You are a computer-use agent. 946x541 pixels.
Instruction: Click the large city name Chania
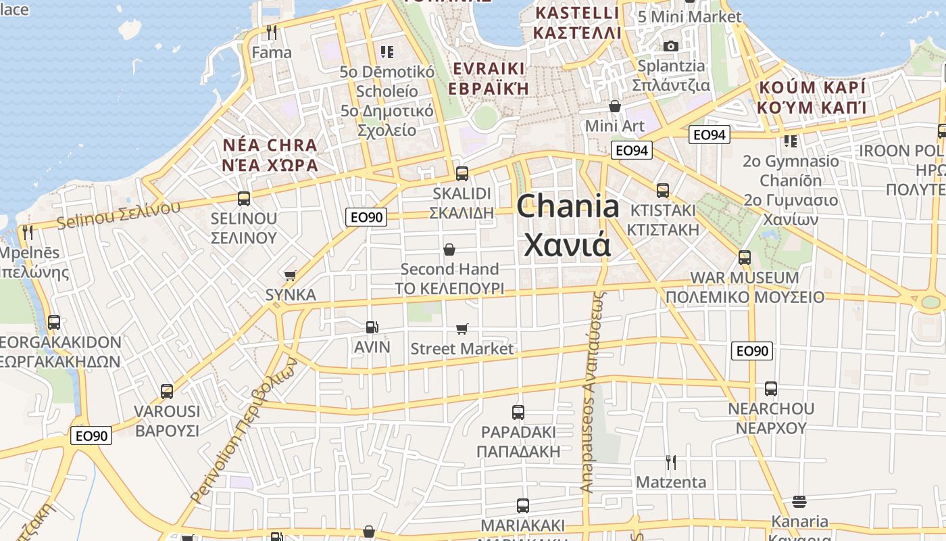pos(568,206)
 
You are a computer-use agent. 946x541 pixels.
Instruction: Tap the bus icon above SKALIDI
pos(462,173)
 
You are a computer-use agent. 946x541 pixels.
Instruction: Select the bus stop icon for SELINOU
pos(244,199)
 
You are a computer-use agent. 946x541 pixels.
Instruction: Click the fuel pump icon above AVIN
pos(372,327)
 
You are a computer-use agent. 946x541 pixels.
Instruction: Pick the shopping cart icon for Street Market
pos(462,329)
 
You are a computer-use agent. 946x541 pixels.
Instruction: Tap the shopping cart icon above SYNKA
pos(291,275)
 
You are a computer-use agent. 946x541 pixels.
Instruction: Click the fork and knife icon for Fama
pos(272,32)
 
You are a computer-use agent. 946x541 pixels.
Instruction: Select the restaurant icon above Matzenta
pos(671,463)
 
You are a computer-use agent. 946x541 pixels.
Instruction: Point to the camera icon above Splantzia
pos(671,46)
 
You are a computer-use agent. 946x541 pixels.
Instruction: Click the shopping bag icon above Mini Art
pos(615,106)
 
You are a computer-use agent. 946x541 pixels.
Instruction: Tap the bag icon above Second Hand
pos(449,250)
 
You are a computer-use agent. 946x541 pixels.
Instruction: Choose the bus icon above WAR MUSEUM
pos(745,257)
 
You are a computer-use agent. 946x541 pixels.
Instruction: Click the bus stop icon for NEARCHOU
pos(771,389)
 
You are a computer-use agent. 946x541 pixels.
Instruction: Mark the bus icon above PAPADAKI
pos(518,412)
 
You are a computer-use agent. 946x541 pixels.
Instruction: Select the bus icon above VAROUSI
pos(167,391)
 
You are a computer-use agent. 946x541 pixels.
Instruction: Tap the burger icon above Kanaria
pos(799,502)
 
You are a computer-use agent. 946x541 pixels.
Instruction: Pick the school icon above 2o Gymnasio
pos(790,141)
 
